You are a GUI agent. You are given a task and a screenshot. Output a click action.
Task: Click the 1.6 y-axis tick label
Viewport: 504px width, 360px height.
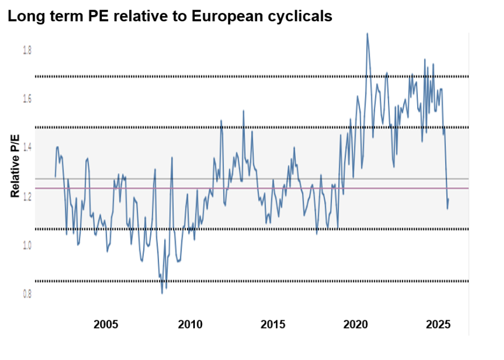coord(27,99)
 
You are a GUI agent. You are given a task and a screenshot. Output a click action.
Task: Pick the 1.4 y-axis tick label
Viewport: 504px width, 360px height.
coord(27,147)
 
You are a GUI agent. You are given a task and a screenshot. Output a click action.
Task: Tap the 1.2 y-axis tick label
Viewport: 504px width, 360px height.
coord(27,197)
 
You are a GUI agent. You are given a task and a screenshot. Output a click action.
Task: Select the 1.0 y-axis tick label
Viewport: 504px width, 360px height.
coord(27,245)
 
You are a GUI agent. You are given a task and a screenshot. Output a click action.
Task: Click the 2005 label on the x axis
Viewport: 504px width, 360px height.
coord(105,324)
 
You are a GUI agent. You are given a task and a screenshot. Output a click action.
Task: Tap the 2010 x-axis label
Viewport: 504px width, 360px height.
coord(190,324)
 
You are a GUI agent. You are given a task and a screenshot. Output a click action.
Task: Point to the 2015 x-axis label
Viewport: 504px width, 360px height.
coord(273,324)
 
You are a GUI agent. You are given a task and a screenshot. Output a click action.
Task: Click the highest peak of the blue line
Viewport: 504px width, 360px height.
coord(367,33)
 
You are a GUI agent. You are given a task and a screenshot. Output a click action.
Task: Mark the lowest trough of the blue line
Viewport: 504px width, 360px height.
coord(162,293)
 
